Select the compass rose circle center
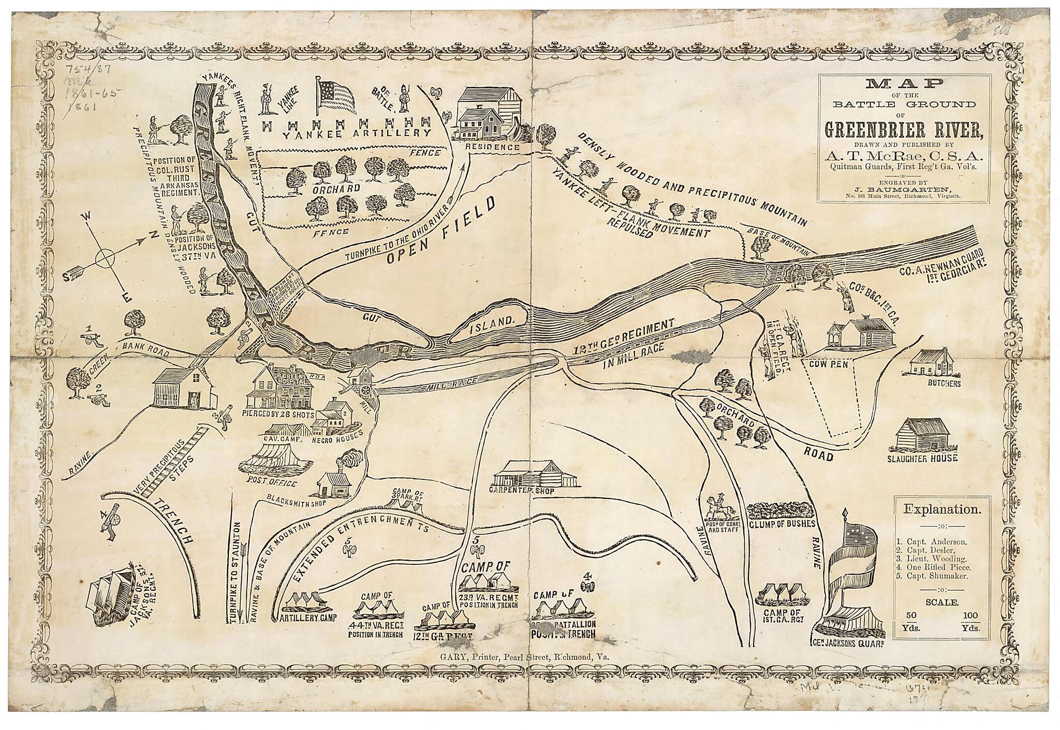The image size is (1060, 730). coord(106,257)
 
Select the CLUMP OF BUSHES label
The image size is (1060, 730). coord(782,523)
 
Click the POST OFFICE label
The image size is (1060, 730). coord(272,483)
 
